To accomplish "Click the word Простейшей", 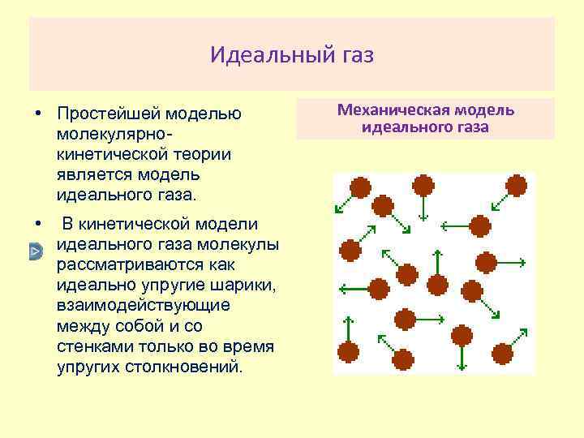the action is click(109, 112).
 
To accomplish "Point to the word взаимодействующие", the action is click(144, 306).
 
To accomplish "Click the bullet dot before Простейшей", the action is click(38, 112).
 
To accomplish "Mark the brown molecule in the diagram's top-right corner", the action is click(516, 187).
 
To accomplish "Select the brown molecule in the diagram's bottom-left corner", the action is click(349, 352).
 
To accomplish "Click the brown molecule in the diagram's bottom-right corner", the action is click(503, 354).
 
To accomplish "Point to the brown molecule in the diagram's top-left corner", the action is click(360, 188).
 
